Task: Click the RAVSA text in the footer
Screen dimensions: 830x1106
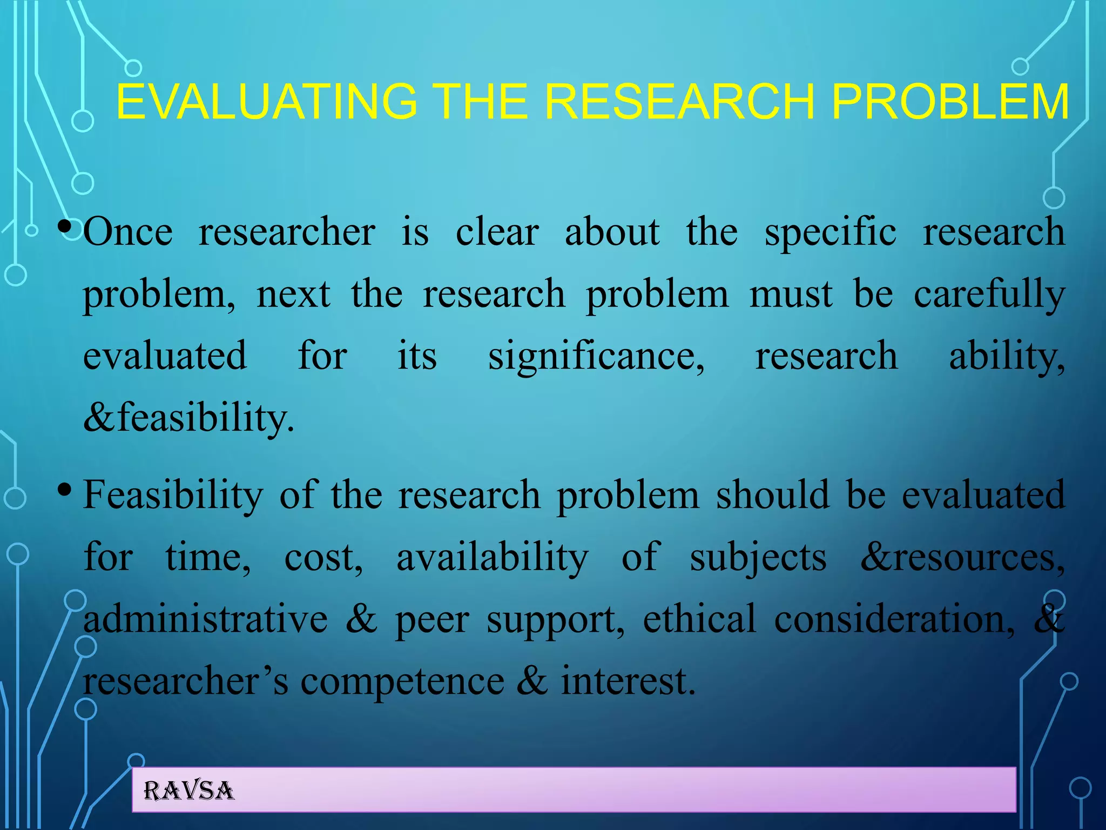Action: [x=188, y=791]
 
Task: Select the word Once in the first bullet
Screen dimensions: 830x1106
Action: [x=128, y=232]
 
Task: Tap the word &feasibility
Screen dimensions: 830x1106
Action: [x=189, y=418]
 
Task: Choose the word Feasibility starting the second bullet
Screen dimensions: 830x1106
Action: [x=173, y=496]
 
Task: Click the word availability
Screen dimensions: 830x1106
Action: [x=492, y=558]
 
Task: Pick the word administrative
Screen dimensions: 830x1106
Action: [x=205, y=619]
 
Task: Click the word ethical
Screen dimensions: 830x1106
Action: [x=699, y=619]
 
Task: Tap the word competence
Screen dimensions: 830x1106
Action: [x=402, y=682]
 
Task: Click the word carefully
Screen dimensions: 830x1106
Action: [x=989, y=295]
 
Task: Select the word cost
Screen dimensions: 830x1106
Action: [x=323, y=558]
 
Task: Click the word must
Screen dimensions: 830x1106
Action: [x=791, y=295]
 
